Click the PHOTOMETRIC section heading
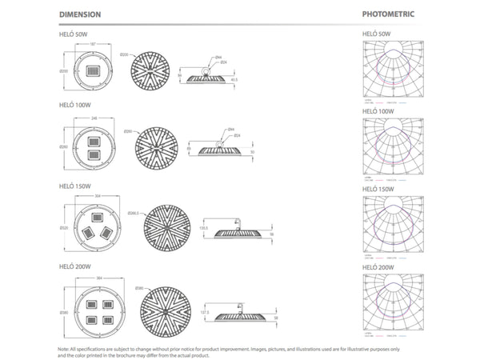click(388, 14)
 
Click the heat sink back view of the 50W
click(151, 73)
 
